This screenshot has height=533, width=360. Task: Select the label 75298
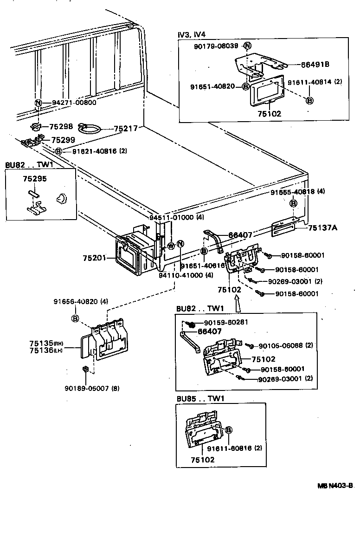click(62, 126)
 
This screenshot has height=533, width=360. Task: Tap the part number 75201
click(95, 258)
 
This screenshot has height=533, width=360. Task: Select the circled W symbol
click(171, 246)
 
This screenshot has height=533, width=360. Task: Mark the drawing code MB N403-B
click(335, 486)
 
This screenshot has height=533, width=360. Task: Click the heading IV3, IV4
click(192, 34)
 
